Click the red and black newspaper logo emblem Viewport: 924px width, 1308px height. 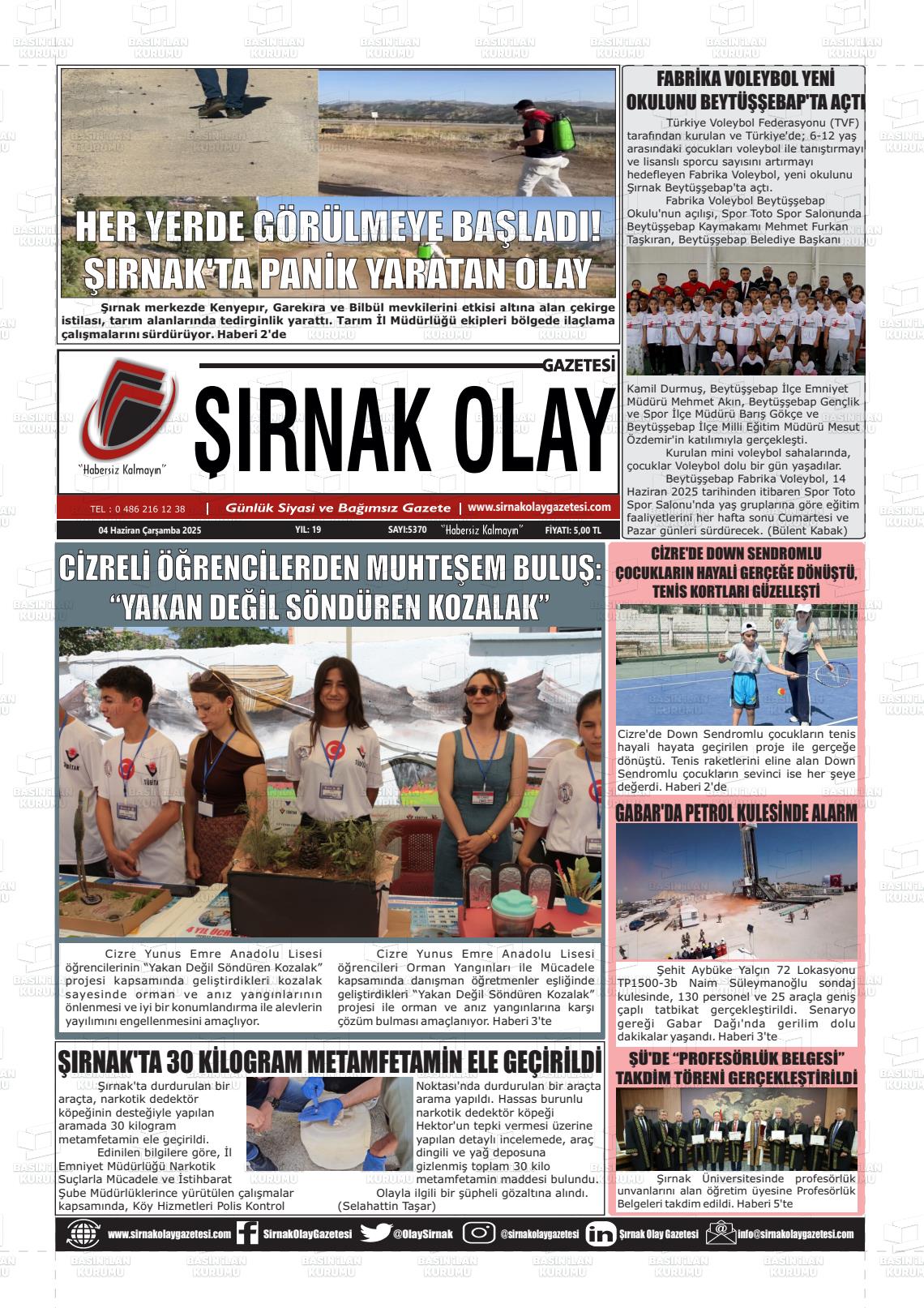[126, 410]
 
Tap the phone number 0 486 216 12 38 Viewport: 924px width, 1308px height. [138, 509]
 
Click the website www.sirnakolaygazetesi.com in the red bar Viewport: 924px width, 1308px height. [539, 507]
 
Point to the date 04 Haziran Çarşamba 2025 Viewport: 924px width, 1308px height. [149, 530]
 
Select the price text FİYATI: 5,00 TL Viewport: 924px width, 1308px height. [573, 530]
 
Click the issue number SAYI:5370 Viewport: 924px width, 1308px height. [407, 530]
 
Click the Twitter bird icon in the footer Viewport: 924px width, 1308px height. [375, 1233]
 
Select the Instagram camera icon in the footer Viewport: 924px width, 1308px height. [479, 1233]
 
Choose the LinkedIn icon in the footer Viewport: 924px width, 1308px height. [600, 1233]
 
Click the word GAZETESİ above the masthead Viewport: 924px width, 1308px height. [579, 366]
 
